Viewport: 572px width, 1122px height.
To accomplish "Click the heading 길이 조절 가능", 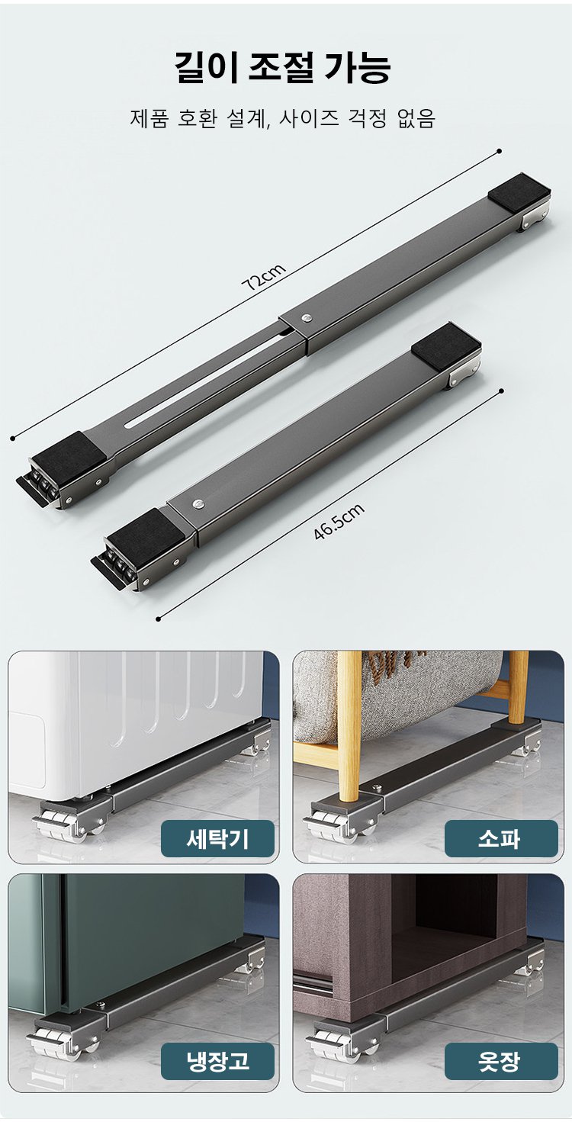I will click(x=284, y=67).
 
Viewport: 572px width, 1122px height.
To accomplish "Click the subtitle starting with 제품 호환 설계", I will click(x=283, y=119).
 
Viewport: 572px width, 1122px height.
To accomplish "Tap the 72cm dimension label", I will click(x=263, y=278).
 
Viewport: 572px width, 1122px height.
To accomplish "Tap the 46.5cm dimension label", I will click(x=339, y=522).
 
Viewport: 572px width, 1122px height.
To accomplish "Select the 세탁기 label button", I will click(x=217, y=838).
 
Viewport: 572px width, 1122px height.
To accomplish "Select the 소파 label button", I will click(x=500, y=838).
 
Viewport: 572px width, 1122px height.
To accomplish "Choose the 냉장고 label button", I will click(x=217, y=1060).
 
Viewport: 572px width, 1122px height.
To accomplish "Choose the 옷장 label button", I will click(x=500, y=1060).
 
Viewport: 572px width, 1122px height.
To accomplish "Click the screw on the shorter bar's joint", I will click(x=199, y=503).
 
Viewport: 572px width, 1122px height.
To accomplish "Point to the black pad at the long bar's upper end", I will click(x=519, y=192).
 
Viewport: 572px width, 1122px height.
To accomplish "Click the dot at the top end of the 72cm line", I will click(x=500, y=151).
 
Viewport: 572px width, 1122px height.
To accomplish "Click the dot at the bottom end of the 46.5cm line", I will click(x=158, y=619).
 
